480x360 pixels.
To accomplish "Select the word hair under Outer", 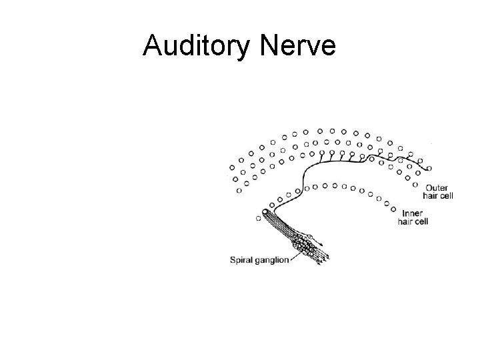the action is point(431,195).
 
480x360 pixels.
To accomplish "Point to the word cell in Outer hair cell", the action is point(446,195).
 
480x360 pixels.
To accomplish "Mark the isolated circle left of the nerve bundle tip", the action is point(259,217).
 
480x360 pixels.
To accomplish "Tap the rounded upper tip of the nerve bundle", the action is point(267,213).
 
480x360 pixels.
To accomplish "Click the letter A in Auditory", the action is point(153,46).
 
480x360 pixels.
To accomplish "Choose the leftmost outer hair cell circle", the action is point(232,167).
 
